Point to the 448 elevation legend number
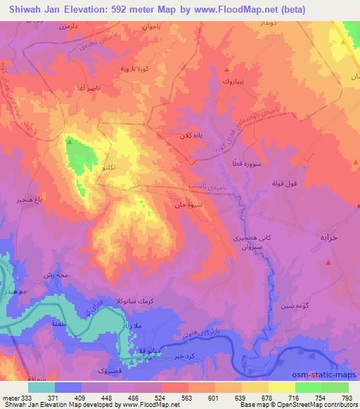[106, 398]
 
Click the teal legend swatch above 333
[41, 387]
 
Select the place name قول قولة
[286, 183]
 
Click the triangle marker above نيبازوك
[226, 70]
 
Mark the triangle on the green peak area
[69, 141]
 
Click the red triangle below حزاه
[328, 262]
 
